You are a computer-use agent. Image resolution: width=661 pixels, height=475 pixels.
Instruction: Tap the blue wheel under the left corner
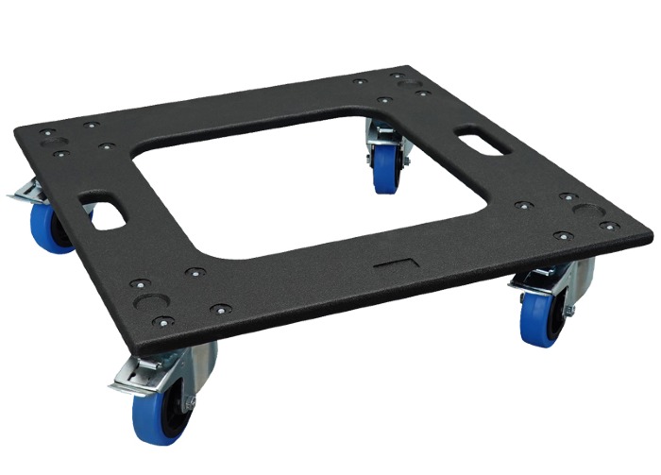48,227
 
